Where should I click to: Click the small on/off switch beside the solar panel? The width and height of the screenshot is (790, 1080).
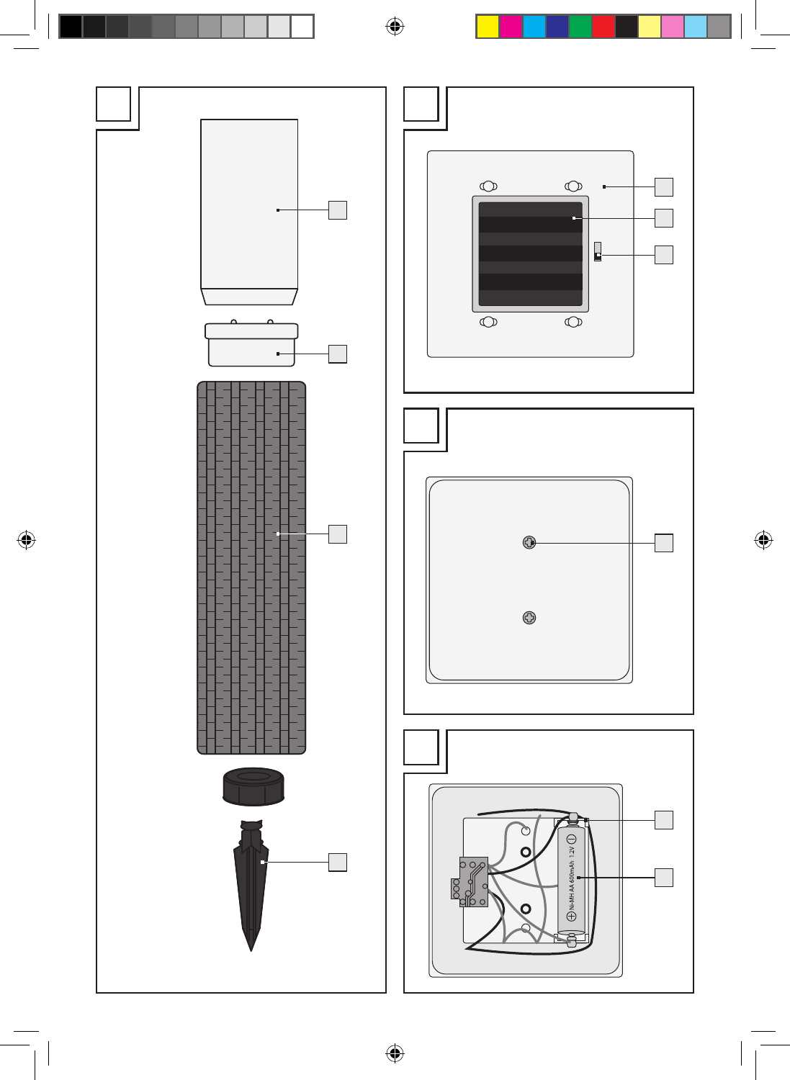pyautogui.click(x=598, y=252)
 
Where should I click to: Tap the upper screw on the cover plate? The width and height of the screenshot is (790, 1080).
pyautogui.click(x=529, y=542)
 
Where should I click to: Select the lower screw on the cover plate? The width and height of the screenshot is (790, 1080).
pyautogui.click(x=529, y=618)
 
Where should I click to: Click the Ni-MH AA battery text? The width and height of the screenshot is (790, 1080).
pyautogui.click(x=572, y=883)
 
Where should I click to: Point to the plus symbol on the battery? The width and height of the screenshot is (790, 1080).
pyautogui.click(x=572, y=917)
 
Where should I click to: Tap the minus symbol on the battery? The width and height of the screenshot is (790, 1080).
pyautogui.click(x=572, y=840)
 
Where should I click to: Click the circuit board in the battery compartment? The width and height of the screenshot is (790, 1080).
pyautogui.click(x=472, y=882)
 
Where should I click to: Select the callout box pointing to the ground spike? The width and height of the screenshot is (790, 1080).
pyautogui.click(x=338, y=862)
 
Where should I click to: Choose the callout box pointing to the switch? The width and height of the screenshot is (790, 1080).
pyautogui.click(x=664, y=255)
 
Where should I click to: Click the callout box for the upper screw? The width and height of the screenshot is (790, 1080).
pyautogui.click(x=664, y=543)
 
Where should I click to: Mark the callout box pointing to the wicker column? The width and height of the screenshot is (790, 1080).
pyautogui.click(x=338, y=534)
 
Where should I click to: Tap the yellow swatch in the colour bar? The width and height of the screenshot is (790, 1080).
pyautogui.click(x=488, y=27)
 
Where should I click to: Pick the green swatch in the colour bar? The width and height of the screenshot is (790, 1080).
pyautogui.click(x=580, y=27)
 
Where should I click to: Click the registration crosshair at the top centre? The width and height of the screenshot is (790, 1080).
pyautogui.click(x=395, y=27)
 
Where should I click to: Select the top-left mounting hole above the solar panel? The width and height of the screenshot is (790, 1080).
pyautogui.click(x=489, y=186)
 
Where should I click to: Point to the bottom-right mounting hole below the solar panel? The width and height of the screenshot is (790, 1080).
pyautogui.click(x=573, y=322)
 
